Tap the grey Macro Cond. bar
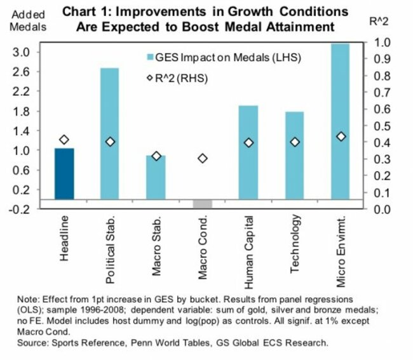coord(202,203)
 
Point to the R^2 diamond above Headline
coord(64,140)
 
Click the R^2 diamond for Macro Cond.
coord(202,158)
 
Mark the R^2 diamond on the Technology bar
coord(295,142)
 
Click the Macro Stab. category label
coord(156,244)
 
